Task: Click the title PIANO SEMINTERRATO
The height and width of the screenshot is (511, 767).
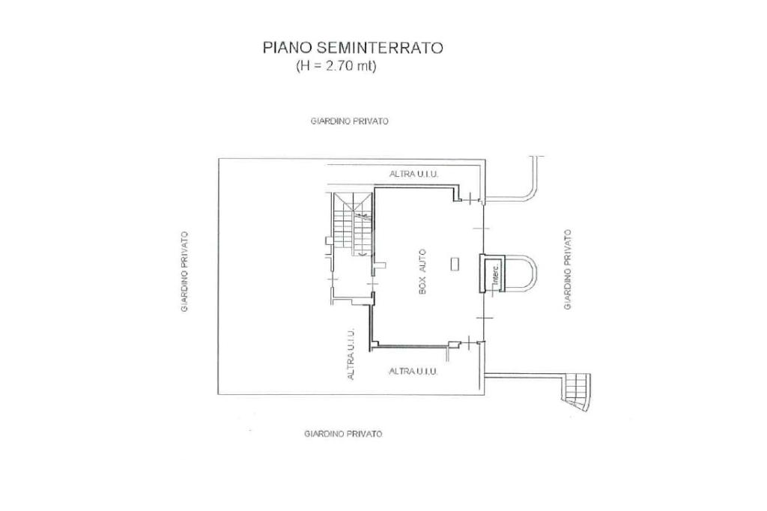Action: tap(352, 47)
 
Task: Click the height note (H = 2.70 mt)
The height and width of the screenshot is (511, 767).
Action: tap(336, 66)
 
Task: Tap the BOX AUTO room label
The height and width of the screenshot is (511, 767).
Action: tap(422, 271)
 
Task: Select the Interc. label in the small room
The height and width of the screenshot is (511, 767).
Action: tap(494, 275)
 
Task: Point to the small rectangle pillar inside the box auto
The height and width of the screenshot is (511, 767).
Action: tap(456, 262)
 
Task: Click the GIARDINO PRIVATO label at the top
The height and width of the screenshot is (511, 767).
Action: tap(349, 121)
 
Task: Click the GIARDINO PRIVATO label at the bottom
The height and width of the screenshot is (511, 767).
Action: tap(343, 434)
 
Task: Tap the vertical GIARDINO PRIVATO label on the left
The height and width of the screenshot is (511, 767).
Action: tap(184, 271)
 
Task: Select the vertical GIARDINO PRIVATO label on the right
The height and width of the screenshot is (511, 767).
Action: tap(568, 269)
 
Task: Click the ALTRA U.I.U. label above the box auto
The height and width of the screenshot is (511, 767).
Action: tap(413, 174)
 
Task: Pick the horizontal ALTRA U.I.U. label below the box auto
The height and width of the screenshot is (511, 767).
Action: tap(413, 371)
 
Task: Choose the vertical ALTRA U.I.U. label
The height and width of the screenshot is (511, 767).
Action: tap(351, 354)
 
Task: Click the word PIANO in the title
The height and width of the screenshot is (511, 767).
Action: tap(281, 47)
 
